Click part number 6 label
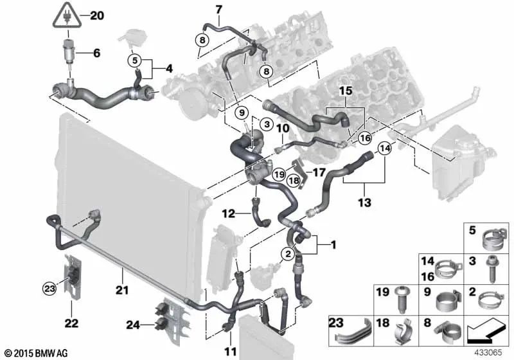pos(96,53)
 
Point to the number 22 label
pos(71,323)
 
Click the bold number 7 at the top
pos(218,9)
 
